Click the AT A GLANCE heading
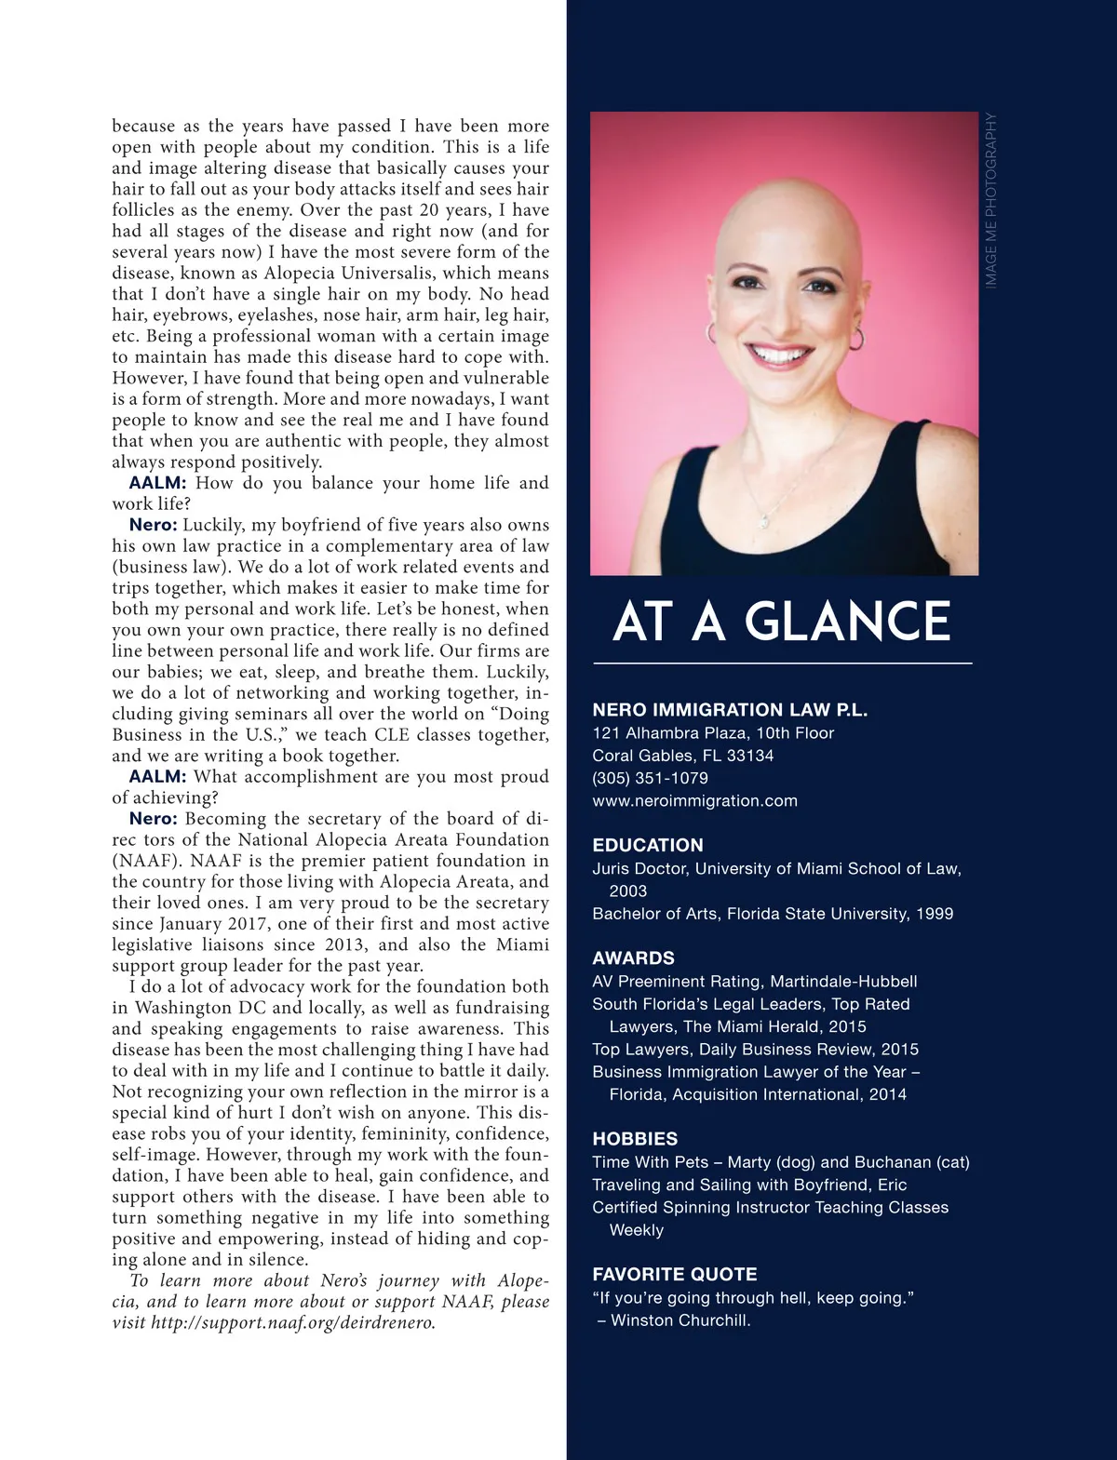point(782,623)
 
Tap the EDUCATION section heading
point(648,845)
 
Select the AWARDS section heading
point(633,958)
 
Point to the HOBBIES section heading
point(635,1138)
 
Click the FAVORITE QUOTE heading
point(675,1274)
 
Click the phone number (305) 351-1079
point(650,778)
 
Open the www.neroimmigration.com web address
point(694,800)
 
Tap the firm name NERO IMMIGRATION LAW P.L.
point(730,710)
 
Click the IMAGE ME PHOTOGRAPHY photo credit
point(991,200)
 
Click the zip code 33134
point(750,756)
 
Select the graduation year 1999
point(935,913)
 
